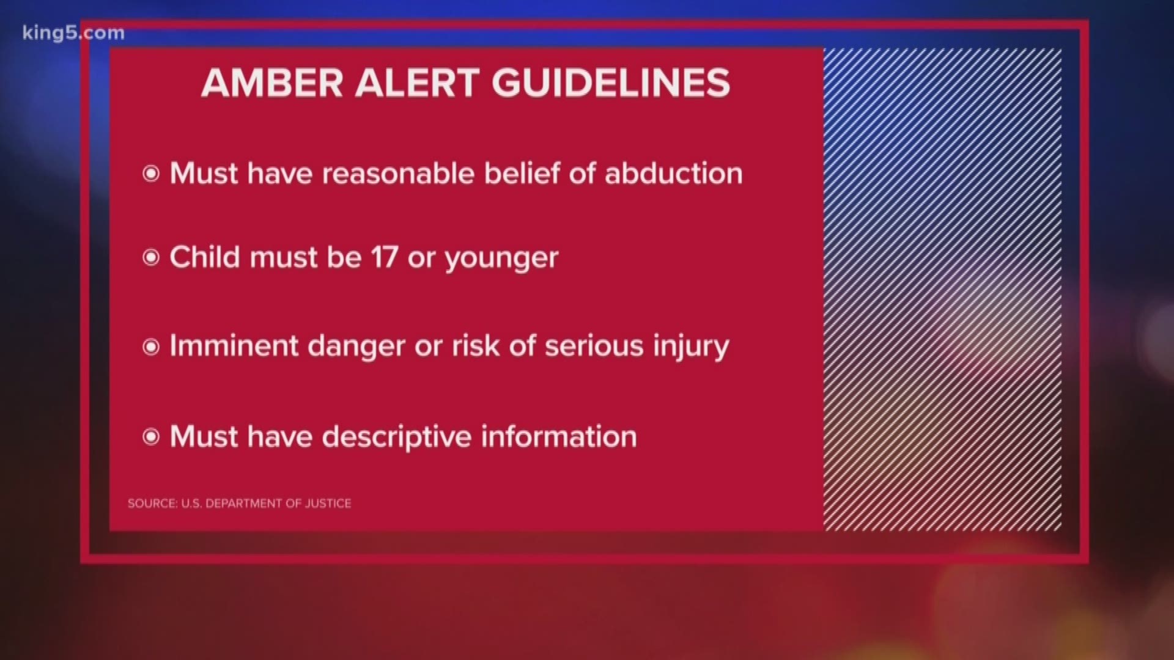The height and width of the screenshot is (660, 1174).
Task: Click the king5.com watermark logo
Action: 73,33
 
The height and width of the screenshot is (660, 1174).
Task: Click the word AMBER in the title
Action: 273,83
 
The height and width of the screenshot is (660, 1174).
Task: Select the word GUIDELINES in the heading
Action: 611,83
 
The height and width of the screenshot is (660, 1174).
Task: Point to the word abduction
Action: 673,174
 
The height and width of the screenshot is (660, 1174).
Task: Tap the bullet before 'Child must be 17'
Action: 150,258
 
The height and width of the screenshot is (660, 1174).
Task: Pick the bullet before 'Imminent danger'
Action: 150,347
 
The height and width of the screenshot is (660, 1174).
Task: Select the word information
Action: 559,436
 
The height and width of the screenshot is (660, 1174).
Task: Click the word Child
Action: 205,257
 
